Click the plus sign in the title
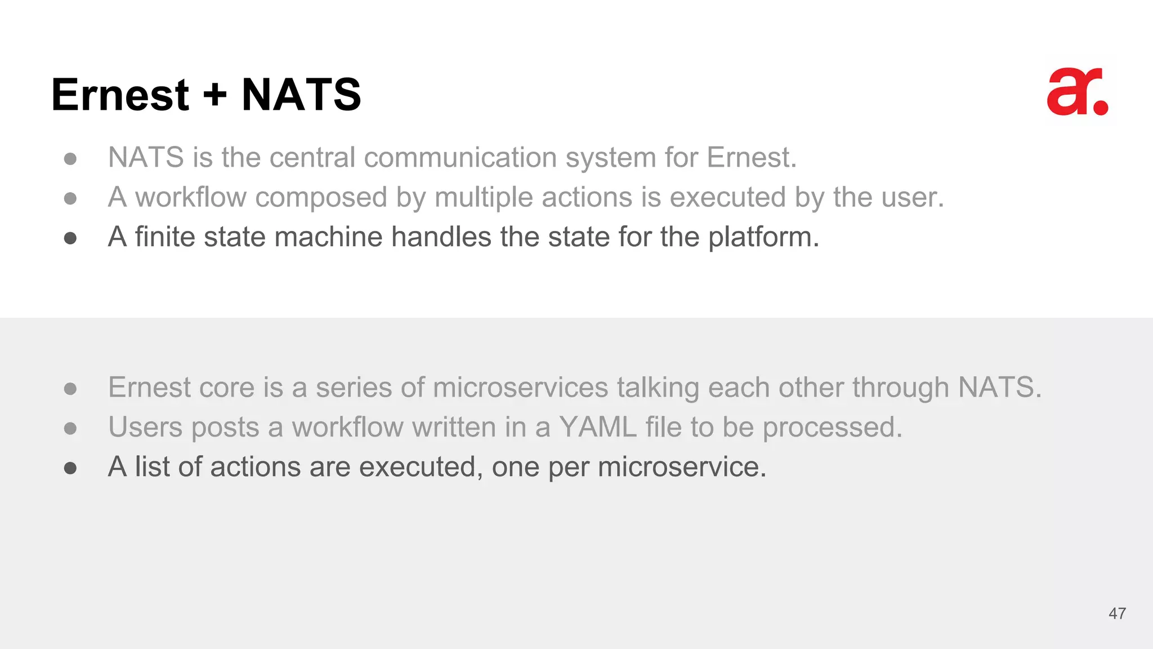215,95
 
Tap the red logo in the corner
1077,92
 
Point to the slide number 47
1117,614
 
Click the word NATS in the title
301,94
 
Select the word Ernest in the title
120,94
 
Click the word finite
164,237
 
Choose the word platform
763,237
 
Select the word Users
145,427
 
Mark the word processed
832,428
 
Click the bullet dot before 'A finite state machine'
70,238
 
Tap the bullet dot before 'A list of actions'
70,468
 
